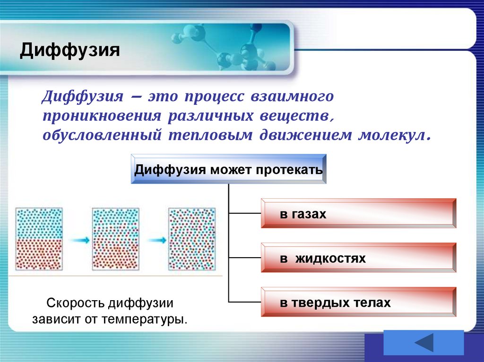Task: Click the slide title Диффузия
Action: pos(69,50)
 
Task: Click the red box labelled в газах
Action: pos(358,214)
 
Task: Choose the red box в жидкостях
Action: pos(358,259)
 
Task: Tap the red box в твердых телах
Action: pos(358,303)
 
